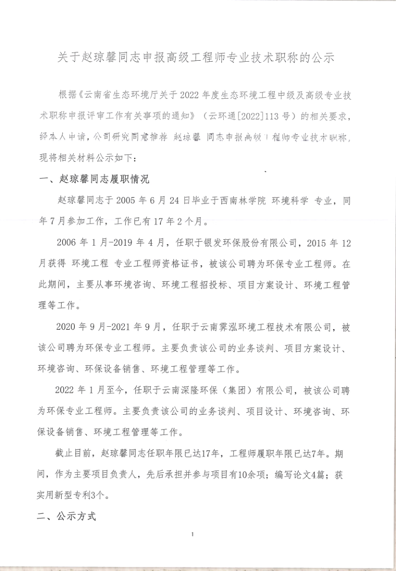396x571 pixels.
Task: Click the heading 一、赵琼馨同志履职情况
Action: [x=94, y=179]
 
